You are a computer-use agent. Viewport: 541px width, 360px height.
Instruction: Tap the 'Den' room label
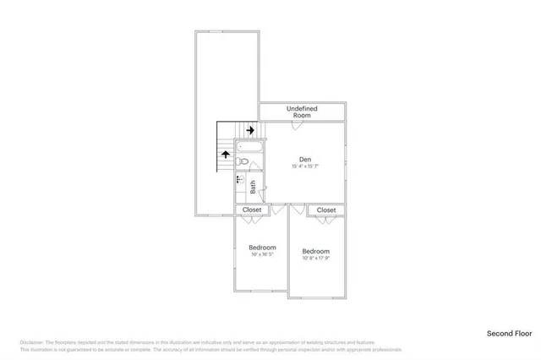pyautogui.click(x=306, y=158)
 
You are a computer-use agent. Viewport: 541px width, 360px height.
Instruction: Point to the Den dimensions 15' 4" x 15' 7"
pyautogui.click(x=306, y=166)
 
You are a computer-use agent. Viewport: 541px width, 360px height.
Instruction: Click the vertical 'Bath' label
pyautogui.click(x=252, y=187)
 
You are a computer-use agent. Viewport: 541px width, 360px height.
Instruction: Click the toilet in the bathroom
pyautogui.click(x=243, y=161)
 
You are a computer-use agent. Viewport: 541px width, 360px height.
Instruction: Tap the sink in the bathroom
pyautogui.click(x=239, y=179)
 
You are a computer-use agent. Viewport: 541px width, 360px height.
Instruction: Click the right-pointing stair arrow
pyautogui.click(x=250, y=129)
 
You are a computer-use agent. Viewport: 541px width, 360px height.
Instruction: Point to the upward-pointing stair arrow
pyautogui.click(x=226, y=154)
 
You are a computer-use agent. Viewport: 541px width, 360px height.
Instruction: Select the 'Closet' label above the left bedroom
pyautogui.click(x=252, y=209)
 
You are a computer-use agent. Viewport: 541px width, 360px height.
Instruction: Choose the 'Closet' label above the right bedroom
pyautogui.click(x=326, y=210)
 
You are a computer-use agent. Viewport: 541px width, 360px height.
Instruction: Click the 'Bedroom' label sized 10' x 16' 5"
pyautogui.click(x=262, y=247)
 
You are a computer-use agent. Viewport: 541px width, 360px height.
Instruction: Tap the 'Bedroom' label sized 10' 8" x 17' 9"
pyautogui.click(x=316, y=251)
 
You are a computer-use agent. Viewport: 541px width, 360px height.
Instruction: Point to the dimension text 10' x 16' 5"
pyautogui.click(x=262, y=254)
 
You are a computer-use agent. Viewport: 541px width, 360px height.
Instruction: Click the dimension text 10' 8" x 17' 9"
pyautogui.click(x=316, y=259)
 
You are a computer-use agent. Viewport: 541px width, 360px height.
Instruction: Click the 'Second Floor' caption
pyautogui.click(x=507, y=334)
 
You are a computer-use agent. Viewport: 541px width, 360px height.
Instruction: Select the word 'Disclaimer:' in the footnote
pyautogui.click(x=31, y=342)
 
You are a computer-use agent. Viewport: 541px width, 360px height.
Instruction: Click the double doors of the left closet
pyautogui.click(x=252, y=218)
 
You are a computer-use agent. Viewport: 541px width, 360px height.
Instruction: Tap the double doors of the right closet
pyautogui.click(x=326, y=219)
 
